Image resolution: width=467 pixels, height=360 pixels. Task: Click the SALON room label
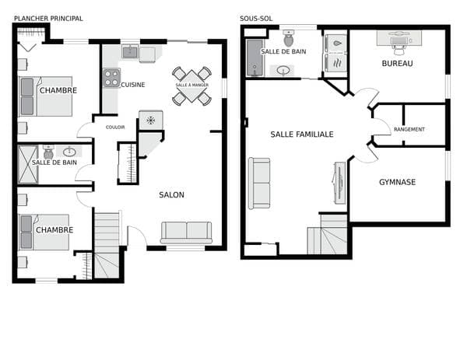click(171, 195)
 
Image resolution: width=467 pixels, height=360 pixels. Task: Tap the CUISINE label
click(133, 85)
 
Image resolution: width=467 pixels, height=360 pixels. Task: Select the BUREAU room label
click(397, 64)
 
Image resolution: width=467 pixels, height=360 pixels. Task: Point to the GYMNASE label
click(397, 182)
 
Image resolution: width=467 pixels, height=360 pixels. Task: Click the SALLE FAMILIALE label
click(302, 135)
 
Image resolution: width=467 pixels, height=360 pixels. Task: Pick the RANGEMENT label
click(409, 129)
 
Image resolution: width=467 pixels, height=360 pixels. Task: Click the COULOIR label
click(115, 128)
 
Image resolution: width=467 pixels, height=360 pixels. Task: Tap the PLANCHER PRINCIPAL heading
click(48, 19)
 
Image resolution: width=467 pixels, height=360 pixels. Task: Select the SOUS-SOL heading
click(256, 19)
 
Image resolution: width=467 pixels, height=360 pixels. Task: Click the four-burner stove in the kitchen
click(111, 78)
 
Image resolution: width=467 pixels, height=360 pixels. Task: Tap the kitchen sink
click(130, 52)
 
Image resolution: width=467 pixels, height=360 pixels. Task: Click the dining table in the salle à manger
click(191, 86)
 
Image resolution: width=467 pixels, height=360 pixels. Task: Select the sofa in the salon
click(187, 232)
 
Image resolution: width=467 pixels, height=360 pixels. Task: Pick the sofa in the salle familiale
click(259, 183)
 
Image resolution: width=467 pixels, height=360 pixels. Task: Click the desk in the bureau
click(399, 38)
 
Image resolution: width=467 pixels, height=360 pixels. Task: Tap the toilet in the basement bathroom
click(288, 38)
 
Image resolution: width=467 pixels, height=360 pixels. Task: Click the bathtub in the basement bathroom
click(255, 58)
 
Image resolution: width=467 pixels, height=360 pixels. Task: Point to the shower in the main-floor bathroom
click(28, 164)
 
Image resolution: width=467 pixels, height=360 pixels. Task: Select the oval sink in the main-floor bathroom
click(70, 152)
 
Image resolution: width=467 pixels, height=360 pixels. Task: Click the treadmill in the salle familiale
click(339, 183)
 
